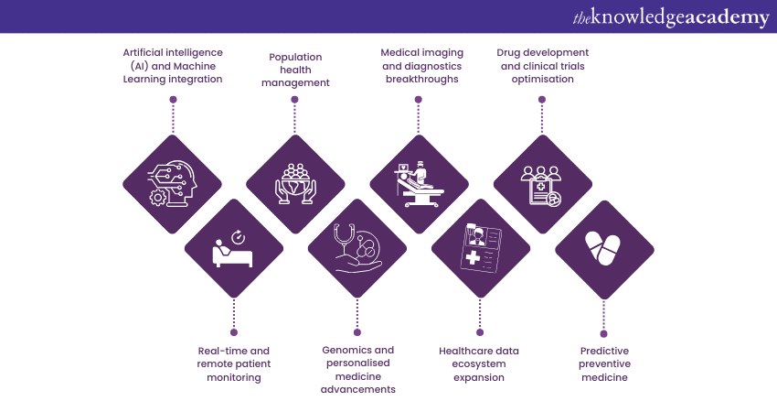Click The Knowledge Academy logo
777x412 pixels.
point(671,16)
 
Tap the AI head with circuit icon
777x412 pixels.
point(172,182)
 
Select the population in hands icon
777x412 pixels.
point(295,182)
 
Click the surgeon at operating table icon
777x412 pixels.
point(419,182)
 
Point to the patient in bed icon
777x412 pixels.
point(233,248)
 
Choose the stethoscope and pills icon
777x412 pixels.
point(357,248)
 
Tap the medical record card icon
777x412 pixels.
point(481,248)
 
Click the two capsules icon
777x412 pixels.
point(603,248)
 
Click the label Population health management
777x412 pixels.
point(295,70)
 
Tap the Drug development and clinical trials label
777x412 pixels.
point(542,66)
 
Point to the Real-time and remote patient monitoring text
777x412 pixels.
point(234,363)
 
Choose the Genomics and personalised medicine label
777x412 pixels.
point(357,369)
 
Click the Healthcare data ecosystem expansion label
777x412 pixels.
point(480,363)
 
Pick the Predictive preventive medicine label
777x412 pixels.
point(604,363)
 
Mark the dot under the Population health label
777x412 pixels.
point(295,102)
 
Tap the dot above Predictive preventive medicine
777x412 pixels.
point(604,331)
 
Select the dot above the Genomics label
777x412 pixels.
point(357,331)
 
